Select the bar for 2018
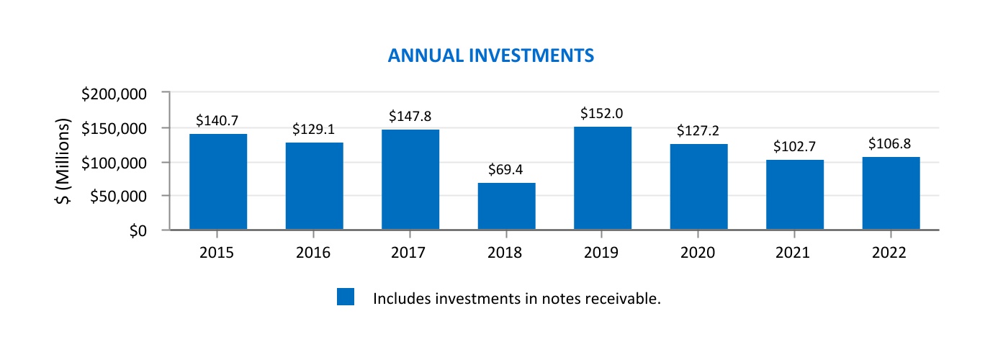pyautogui.click(x=506, y=207)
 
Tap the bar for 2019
pyautogui.click(x=603, y=179)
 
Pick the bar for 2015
pyautogui.click(x=218, y=182)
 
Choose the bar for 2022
pyautogui.click(x=891, y=194)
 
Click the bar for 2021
pyautogui.click(x=795, y=195)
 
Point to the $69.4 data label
pyautogui.click(x=506, y=171)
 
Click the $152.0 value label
pyautogui.click(x=602, y=114)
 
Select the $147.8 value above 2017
pyautogui.click(x=410, y=116)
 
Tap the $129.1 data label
pyautogui.click(x=314, y=130)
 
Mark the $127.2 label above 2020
pyautogui.click(x=698, y=131)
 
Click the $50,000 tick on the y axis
pyautogui.click(x=120, y=197)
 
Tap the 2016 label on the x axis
pyautogui.click(x=314, y=253)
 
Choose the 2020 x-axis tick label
pyautogui.click(x=698, y=253)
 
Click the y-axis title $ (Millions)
pyautogui.click(x=65, y=161)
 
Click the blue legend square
pyautogui.click(x=346, y=297)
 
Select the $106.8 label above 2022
pyautogui.click(x=891, y=144)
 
